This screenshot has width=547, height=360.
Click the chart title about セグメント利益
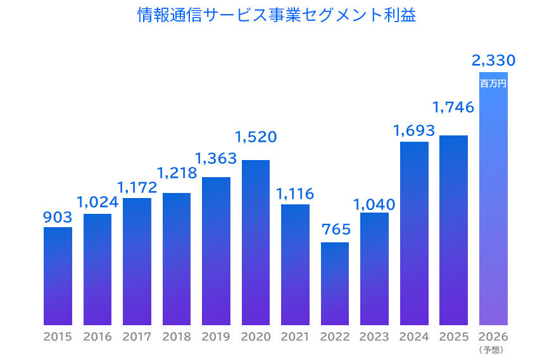click(x=277, y=15)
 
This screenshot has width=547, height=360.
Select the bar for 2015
click(x=58, y=276)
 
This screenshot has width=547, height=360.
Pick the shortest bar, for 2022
click(x=335, y=283)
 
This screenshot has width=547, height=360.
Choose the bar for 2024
click(x=414, y=233)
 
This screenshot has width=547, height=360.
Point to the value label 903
click(x=58, y=218)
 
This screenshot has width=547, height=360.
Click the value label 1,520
click(x=256, y=137)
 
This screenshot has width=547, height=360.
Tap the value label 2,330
click(x=493, y=61)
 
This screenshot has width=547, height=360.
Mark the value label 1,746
click(x=453, y=108)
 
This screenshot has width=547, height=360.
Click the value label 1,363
click(x=216, y=158)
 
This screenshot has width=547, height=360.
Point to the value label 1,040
click(x=374, y=204)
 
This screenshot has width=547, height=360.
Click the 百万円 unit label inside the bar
click(x=493, y=83)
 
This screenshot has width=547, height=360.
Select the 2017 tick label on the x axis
click(x=137, y=337)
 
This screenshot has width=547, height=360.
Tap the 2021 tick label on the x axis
click(x=295, y=337)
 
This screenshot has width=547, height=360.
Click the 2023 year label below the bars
click(x=374, y=337)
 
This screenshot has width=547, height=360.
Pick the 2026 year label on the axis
click(x=493, y=337)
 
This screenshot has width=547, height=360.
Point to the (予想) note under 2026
click(x=493, y=349)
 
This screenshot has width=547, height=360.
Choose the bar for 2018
click(x=177, y=259)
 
